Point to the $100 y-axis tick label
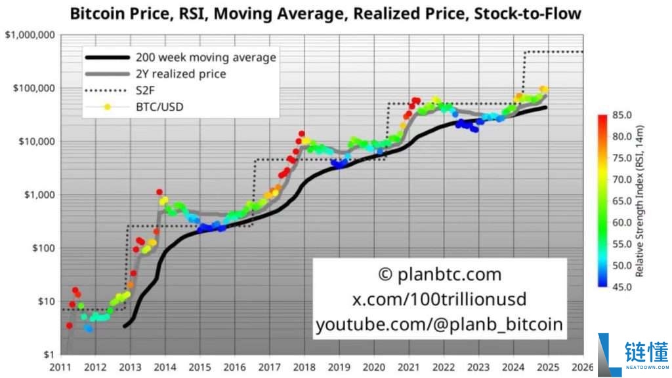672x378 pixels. click(x=42, y=248)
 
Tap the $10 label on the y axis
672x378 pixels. click(x=45, y=301)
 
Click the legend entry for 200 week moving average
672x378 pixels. click(x=205, y=57)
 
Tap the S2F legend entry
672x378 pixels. click(x=145, y=90)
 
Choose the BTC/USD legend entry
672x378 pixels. click(x=157, y=106)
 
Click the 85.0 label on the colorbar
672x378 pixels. click(x=621, y=115)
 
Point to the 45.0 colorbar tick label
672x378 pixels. click(x=621, y=287)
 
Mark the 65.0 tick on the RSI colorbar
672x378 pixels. click(x=621, y=201)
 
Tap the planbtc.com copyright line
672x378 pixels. click(x=440, y=274)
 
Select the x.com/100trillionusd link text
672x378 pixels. click(x=440, y=299)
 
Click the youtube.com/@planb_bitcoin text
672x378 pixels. click(x=440, y=324)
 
